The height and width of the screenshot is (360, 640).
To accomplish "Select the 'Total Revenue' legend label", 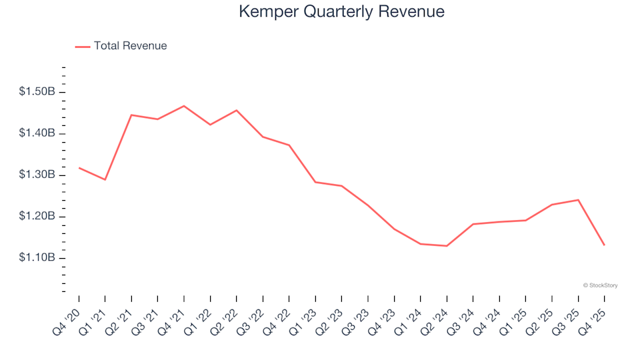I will pos(130,46).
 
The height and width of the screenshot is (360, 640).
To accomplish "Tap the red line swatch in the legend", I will pos(82,47).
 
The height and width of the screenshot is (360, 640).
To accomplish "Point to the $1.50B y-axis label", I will pos(37,92).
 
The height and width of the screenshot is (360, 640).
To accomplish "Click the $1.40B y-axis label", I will pos(37,133).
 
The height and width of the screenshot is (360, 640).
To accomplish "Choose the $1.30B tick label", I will pos(37,175).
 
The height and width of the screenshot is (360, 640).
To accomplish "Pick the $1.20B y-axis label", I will pos(37,217).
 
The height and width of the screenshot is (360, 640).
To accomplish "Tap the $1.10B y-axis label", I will pos(37,258).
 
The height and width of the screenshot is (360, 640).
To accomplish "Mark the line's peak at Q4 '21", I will pos(184,106).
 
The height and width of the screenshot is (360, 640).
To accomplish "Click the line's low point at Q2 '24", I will pos(447,246).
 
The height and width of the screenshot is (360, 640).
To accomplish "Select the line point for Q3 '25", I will pos(578,200).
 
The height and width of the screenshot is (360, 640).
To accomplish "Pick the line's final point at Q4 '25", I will pos(604,245).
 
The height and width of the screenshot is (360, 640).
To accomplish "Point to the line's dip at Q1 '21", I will pos(105,180).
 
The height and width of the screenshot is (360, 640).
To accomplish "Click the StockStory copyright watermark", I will pos(600,285).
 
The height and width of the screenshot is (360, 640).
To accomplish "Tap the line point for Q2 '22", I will pos(237,111).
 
